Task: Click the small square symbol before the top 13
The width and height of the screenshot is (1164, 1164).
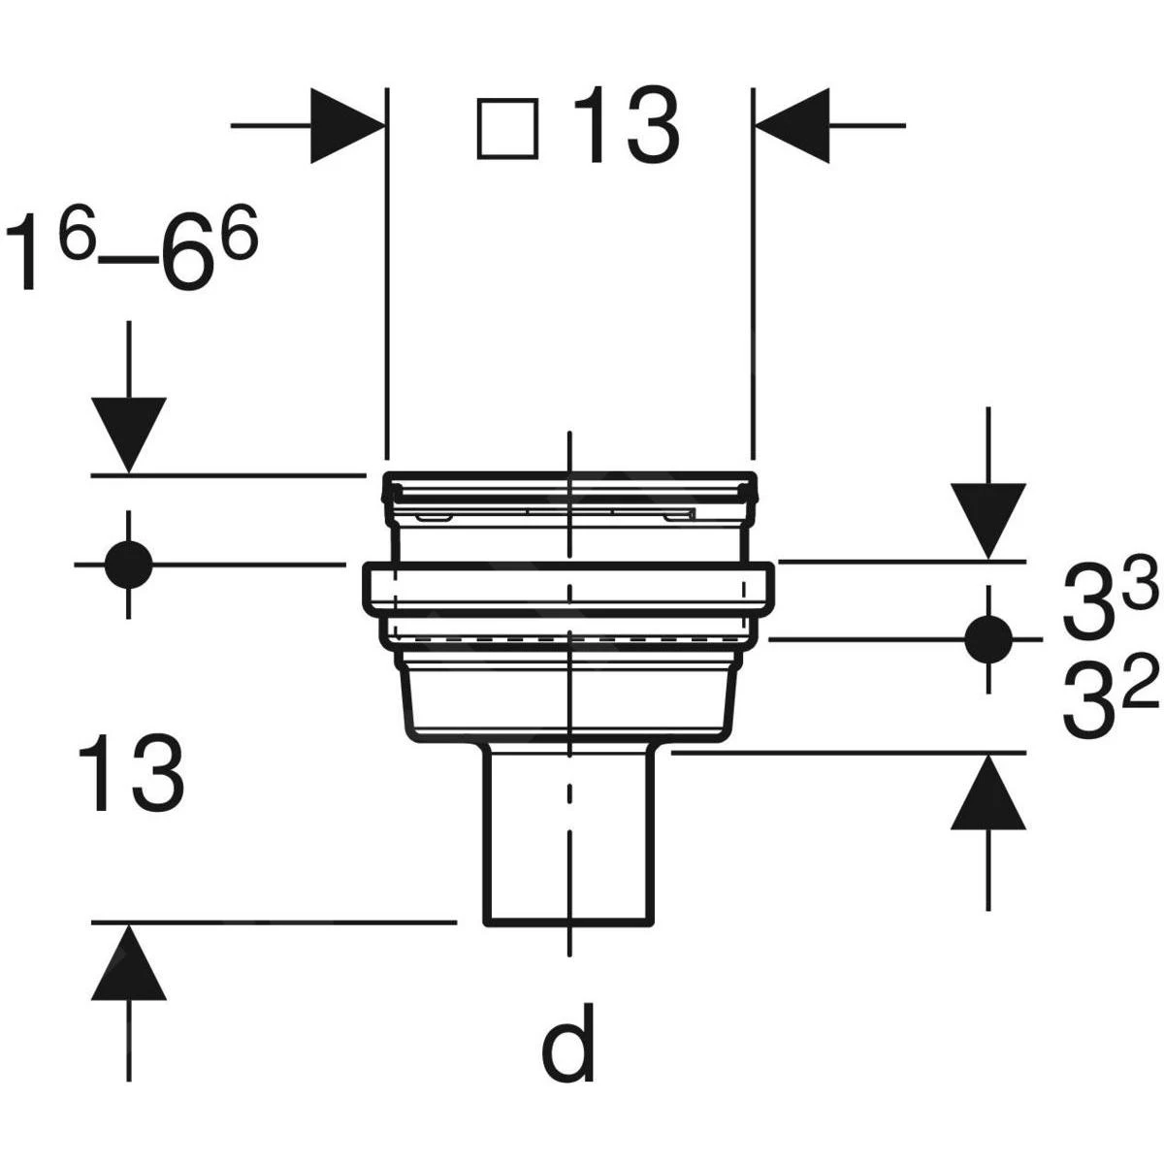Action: [x=507, y=129]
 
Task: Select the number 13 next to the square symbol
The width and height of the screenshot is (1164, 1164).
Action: [x=627, y=125]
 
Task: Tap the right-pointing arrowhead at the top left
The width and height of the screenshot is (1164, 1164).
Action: [x=348, y=126]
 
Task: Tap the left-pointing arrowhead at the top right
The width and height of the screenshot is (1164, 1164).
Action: [x=792, y=126]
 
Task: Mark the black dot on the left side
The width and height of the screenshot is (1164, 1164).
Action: [x=129, y=565]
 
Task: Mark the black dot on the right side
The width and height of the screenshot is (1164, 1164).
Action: [x=988, y=638]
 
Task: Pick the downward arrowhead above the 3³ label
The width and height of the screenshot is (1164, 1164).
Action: [x=988, y=521]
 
